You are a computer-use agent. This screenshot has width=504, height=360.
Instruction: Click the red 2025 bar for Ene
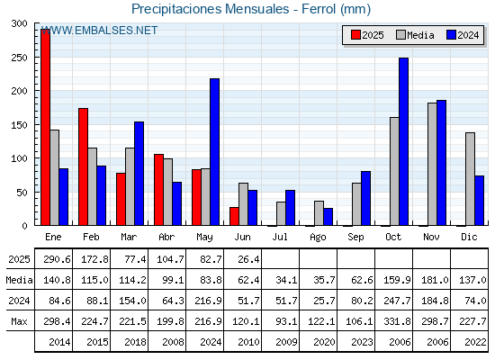pyautogui.click(x=45, y=127)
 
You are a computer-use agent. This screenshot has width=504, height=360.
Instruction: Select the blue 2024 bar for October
pyautogui.click(x=404, y=141)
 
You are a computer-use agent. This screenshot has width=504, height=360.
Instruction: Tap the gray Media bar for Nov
pyautogui.click(x=432, y=164)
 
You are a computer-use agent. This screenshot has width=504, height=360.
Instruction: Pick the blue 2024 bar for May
pyautogui.click(x=215, y=152)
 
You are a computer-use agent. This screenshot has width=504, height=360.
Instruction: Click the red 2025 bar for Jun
pyautogui.click(x=234, y=216)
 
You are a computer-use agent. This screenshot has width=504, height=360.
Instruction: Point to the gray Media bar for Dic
pyautogui.click(x=470, y=179)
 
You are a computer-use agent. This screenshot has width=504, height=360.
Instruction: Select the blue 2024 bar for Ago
pyautogui.click(x=328, y=217)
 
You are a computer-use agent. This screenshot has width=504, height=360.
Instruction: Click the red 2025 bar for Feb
pyautogui.click(x=83, y=166)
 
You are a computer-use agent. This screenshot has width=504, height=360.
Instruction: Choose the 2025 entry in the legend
pyautogui.click(x=367, y=35)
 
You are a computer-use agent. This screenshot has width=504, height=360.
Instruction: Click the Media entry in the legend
pyautogui.click(x=415, y=35)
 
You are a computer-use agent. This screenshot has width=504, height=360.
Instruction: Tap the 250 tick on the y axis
pyautogui.click(x=20, y=58)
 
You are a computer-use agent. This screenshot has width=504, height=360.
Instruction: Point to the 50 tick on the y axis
pyautogui.click(x=22, y=193)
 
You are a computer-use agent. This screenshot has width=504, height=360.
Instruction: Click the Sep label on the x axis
pyautogui.click(x=355, y=238)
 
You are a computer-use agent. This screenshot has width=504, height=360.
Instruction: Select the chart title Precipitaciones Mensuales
pyautogui.click(x=211, y=9)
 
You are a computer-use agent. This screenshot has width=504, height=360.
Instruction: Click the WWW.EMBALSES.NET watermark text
pyautogui.click(x=99, y=31)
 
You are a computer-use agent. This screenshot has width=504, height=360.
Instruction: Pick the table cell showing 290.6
pyautogui.click(x=57, y=259)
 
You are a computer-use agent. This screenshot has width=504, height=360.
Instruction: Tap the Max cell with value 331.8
pyautogui.click(x=397, y=321)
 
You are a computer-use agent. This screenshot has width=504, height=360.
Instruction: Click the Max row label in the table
pyautogui.click(x=19, y=321)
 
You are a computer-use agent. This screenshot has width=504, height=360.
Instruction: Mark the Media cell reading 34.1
pyautogui.click(x=286, y=280)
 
